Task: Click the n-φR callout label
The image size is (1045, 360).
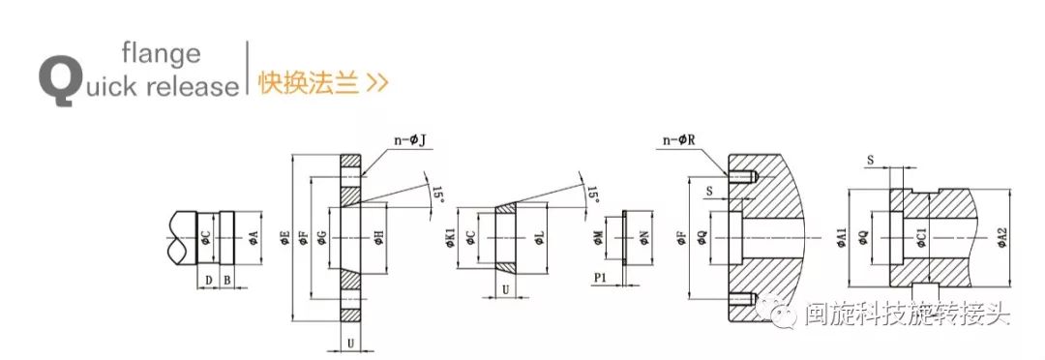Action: tap(682, 141)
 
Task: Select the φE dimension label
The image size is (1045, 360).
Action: tap(284, 238)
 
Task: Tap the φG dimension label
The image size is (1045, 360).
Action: tap(321, 238)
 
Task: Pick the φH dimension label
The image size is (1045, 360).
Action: tap(378, 238)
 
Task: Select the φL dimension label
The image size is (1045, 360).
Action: tap(539, 237)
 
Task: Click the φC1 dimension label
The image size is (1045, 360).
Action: tap(920, 238)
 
